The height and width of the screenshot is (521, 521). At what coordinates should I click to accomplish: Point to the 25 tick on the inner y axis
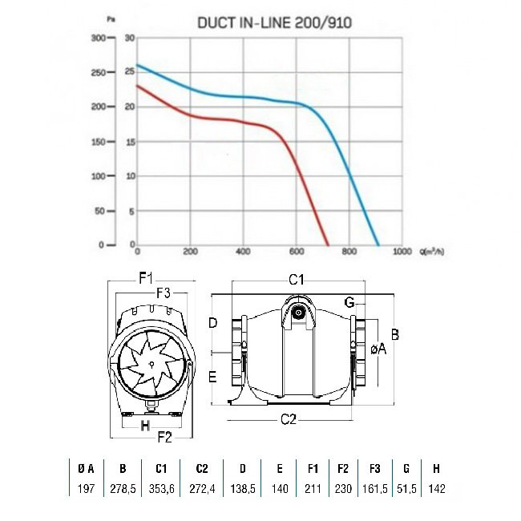click(129, 72)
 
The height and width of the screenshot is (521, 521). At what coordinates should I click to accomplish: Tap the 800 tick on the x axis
click(349, 252)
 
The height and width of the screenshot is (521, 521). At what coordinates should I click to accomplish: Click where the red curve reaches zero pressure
click(328, 244)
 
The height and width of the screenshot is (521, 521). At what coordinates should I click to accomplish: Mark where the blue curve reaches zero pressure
click(378, 244)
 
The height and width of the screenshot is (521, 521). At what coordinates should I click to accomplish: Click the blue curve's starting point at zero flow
click(137, 65)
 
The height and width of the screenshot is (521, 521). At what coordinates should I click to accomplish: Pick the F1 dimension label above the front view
click(146, 279)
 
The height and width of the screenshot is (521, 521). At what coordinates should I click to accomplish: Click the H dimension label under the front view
click(145, 426)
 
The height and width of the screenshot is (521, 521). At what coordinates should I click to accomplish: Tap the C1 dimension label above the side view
click(296, 279)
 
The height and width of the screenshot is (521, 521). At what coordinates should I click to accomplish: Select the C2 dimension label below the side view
click(289, 419)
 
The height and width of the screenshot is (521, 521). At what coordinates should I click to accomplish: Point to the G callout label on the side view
click(349, 301)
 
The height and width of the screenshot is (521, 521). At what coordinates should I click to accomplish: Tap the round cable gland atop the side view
click(299, 313)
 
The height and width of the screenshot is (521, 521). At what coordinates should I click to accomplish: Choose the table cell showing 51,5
click(407, 490)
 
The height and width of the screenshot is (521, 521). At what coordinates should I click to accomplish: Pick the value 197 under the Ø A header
click(87, 490)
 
